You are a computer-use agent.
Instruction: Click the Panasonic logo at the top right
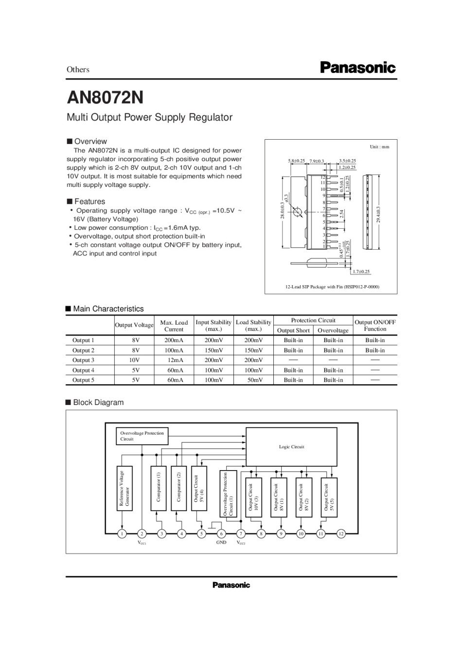pos(357,68)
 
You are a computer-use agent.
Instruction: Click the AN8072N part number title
pos(105,97)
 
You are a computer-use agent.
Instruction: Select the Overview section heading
pos(90,142)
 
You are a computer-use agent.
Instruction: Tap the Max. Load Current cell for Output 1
pos(174,340)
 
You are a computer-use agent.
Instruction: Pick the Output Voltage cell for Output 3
pos(134,360)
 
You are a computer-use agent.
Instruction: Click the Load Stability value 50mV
pos(254,380)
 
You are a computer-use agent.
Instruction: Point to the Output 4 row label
pos(83,370)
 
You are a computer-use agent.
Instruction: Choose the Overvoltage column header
pos(333,330)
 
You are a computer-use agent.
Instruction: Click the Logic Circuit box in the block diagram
pos(291,447)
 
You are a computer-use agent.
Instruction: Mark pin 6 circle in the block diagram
pos(221,534)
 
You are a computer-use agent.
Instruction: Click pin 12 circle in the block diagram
pos(341,534)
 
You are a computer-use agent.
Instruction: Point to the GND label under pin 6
pos(221,543)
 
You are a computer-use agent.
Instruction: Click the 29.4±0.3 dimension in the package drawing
pos(378,214)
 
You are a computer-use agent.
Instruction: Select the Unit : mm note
pos(379,147)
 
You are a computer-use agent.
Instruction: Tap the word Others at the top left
pos(78,70)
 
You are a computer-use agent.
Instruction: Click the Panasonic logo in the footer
pos(231,585)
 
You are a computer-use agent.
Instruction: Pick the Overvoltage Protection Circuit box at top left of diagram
pos(142,436)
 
